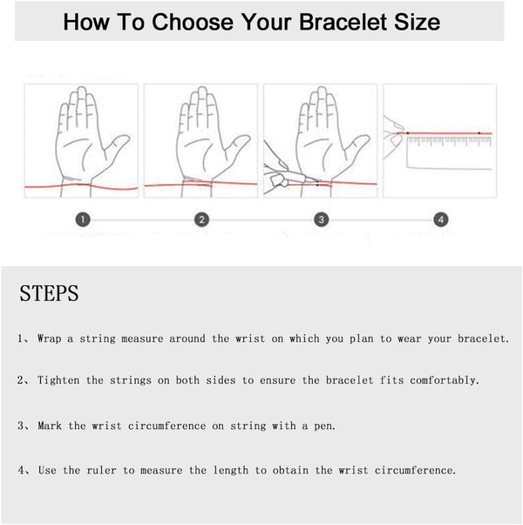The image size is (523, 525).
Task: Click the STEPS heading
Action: (x=49, y=293)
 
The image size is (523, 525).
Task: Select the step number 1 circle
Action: (x=83, y=220)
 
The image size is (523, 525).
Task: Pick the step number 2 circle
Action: (x=201, y=220)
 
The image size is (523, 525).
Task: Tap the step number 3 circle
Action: (x=322, y=220)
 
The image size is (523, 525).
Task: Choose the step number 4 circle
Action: (x=441, y=220)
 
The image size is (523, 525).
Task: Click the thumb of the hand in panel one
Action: (x=115, y=147)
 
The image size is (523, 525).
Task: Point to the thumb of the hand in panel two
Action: (x=235, y=147)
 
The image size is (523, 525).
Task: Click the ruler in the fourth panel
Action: (x=449, y=153)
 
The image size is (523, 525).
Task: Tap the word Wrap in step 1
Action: (x=49, y=338)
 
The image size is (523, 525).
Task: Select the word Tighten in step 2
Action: (x=58, y=380)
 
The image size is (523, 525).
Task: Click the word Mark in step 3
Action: (x=50, y=426)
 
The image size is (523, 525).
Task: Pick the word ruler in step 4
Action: (x=101, y=470)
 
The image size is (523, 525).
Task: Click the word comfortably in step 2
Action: (x=445, y=380)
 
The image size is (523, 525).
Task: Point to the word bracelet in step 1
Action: (x=483, y=338)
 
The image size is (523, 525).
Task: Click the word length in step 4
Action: (x=230, y=470)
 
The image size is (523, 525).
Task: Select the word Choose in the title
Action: (x=193, y=22)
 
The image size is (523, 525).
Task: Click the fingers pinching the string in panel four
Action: (x=393, y=137)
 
